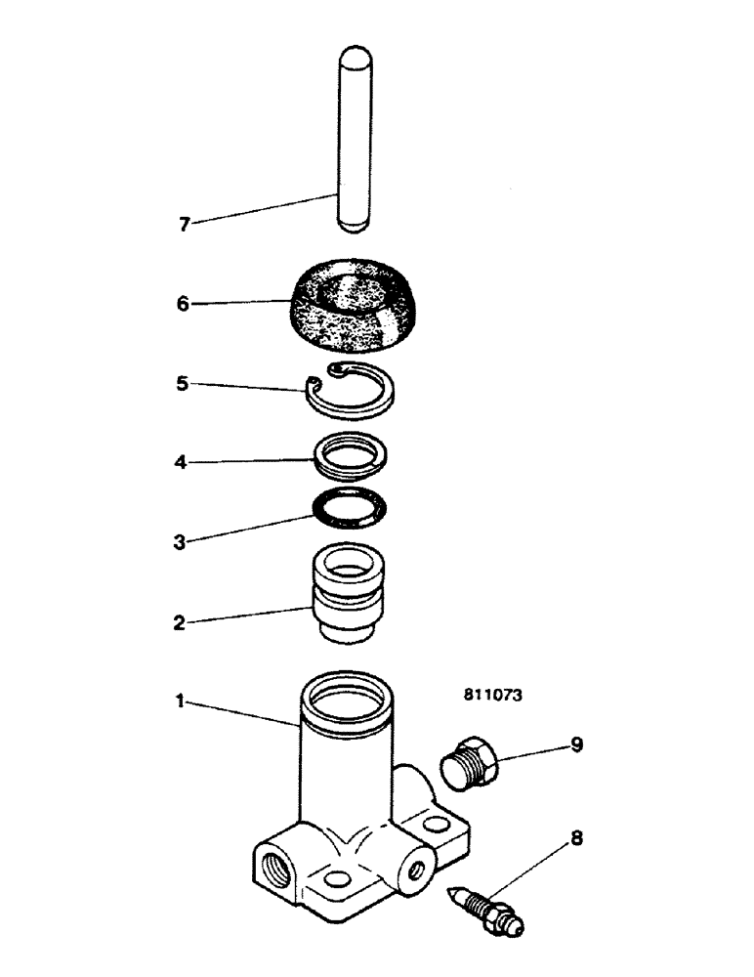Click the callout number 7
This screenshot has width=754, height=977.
pos(184,225)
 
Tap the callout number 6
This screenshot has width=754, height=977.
pos(184,304)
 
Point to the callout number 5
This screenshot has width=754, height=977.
pos(184,384)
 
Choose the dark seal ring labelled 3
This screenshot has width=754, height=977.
pos(349,507)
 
